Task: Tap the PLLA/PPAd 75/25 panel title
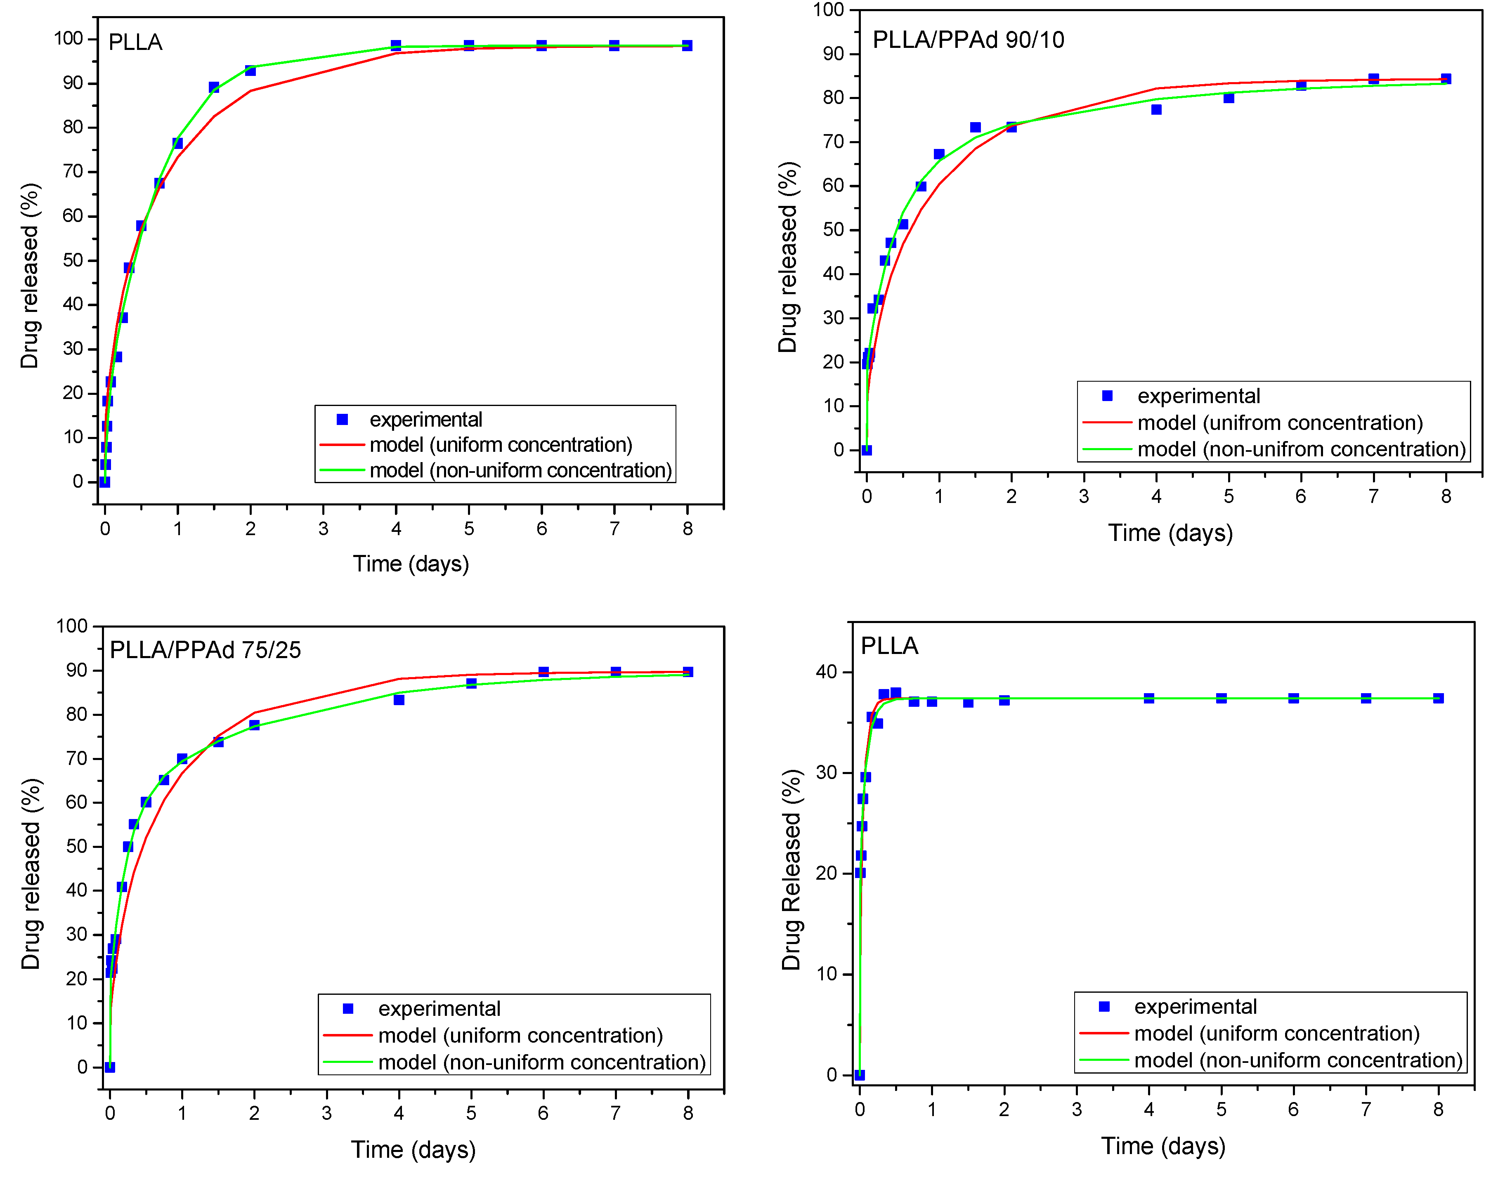click(206, 650)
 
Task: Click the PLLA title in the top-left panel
click(135, 42)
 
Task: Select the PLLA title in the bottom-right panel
click(889, 646)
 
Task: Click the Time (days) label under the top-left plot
click(411, 563)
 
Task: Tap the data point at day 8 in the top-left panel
click(687, 46)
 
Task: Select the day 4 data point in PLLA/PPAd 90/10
click(1156, 110)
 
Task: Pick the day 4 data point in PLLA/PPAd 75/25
click(399, 700)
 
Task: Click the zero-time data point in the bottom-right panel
click(860, 1075)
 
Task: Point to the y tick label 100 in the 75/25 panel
click(72, 626)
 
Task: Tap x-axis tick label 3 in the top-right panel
click(1084, 496)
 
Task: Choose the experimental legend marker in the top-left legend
click(342, 419)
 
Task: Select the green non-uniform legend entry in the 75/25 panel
click(541, 1062)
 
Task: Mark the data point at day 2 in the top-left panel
click(250, 71)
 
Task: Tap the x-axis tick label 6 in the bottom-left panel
click(543, 1113)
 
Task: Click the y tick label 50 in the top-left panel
click(73, 260)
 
